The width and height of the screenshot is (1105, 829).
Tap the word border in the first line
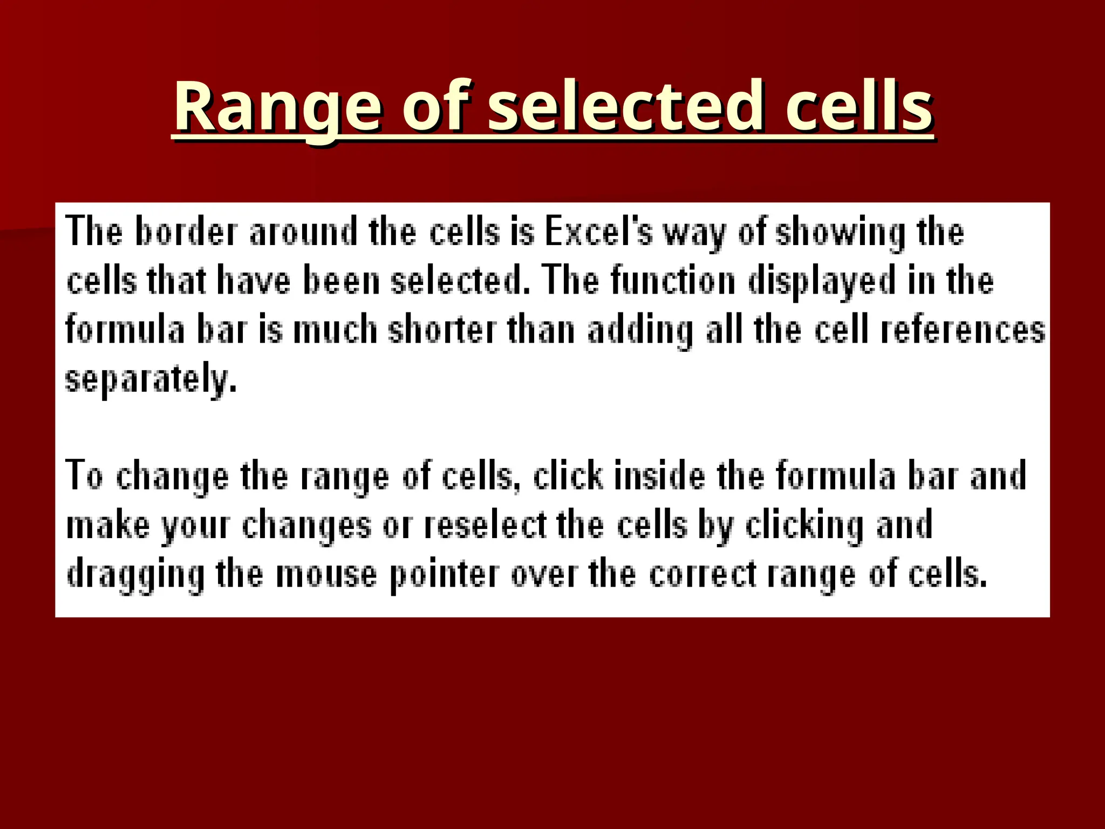click(186, 232)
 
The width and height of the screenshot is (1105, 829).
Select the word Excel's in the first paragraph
click(598, 232)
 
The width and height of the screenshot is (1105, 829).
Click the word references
click(963, 330)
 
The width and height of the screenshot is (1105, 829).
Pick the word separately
click(151, 380)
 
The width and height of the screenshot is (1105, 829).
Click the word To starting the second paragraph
click(84, 476)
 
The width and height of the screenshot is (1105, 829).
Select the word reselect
click(486, 525)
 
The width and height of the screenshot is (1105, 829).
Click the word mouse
click(326, 574)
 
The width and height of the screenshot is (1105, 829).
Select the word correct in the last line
click(702, 574)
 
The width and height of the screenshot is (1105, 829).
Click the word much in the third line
click(335, 330)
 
